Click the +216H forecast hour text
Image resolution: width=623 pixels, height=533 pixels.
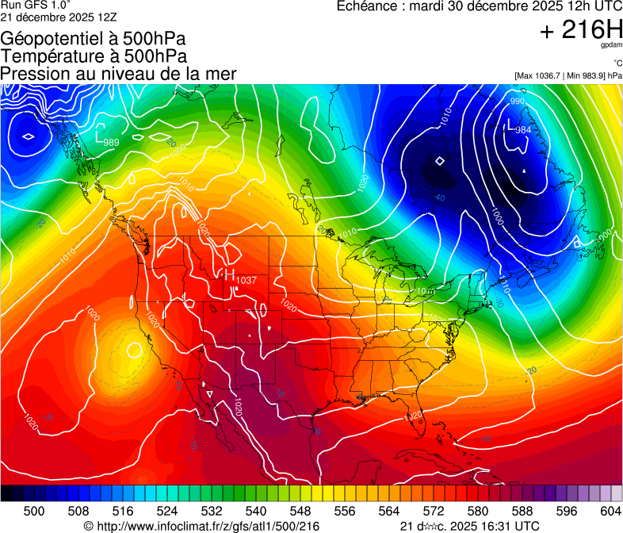(581, 31)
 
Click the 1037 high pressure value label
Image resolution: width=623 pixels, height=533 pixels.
(247, 281)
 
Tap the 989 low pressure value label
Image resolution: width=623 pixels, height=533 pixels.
(111, 143)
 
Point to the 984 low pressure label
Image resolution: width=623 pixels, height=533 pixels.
(523, 130)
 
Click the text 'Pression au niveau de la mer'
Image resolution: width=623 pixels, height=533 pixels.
(118, 74)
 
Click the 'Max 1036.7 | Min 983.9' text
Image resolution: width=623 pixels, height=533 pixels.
(568, 75)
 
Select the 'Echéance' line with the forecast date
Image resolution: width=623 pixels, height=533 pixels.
(480, 6)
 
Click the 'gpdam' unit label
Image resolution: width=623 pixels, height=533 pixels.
(611, 46)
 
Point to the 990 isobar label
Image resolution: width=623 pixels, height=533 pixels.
(517, 102)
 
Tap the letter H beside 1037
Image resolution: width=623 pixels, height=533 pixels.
(230, 277)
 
